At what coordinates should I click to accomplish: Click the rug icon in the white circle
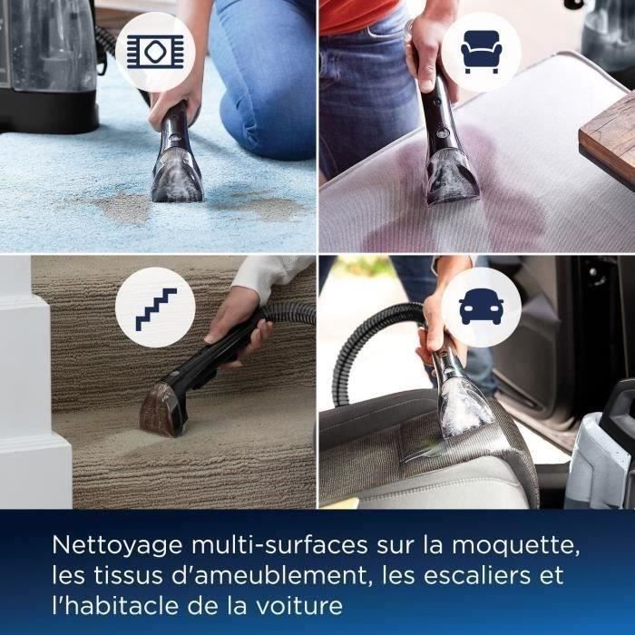(x=155, y=52)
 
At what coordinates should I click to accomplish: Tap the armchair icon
(x=481, y=52)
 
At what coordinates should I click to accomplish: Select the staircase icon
(x=156, y=309)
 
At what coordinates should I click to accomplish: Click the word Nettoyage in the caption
(x=117, y=546)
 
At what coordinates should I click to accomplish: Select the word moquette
(x=516, y=545)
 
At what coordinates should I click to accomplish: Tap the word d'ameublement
(x=271, y=575)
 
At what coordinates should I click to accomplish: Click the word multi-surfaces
(x=279, y=545)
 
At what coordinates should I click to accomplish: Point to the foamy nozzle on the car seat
(x=465, y=409)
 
